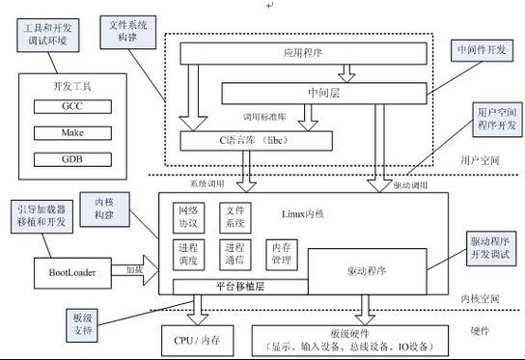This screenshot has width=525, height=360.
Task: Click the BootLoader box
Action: pyautogui.click(x=72, y=271)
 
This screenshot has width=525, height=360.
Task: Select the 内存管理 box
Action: pyautogui.click(x=280, y=253)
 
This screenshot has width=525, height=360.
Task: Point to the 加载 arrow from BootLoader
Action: pyautogui.click(x=133, y=271)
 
